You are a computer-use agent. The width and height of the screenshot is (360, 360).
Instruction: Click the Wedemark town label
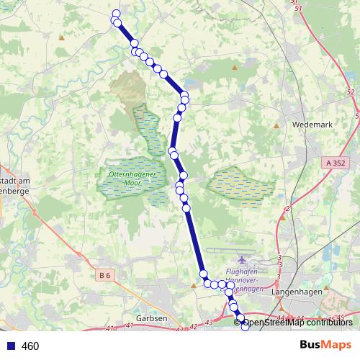tap(312, 124)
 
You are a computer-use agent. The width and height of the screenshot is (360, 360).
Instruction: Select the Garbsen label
tap(151, 318)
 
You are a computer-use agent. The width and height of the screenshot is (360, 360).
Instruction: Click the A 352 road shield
tap(336, 163)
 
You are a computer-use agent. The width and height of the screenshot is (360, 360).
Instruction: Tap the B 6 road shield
tap(105, 274)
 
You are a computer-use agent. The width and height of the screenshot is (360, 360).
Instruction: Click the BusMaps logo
tap(325, 345)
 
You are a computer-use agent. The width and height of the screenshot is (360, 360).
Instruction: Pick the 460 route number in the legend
tap(30, 346)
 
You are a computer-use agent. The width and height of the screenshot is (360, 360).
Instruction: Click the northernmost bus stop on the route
tap(115, 13)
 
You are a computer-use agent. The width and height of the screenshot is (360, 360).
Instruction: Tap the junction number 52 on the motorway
tap(350, 93)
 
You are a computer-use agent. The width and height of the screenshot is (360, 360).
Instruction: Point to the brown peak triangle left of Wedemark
tap(276, 125)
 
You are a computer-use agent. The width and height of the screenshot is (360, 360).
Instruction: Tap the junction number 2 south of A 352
tap(287, 209)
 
